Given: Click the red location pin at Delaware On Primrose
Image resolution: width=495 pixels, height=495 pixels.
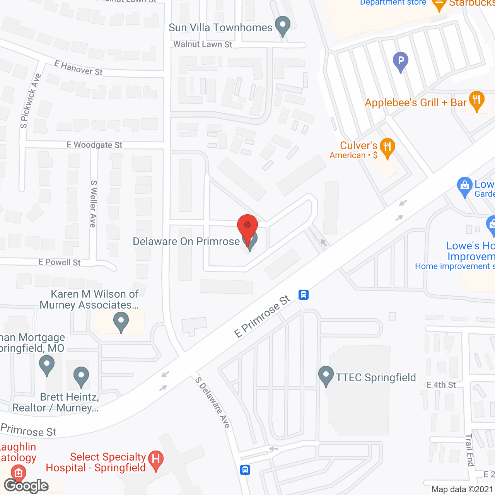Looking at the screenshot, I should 247,226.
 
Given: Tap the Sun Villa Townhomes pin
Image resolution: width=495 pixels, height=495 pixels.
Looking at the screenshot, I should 283,26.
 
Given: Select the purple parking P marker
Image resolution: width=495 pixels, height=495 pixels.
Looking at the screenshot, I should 401,61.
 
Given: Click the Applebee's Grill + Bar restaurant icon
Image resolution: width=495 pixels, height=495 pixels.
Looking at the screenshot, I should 476,101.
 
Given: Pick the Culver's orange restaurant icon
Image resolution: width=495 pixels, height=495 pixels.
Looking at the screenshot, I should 387,147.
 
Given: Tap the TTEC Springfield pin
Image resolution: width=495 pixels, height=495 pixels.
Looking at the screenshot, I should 326,376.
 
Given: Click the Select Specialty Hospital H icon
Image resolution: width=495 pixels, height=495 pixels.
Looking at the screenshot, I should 156,460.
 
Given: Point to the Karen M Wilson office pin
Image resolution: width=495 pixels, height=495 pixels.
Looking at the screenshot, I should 121,321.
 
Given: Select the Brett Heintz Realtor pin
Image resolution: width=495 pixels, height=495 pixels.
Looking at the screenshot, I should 81,376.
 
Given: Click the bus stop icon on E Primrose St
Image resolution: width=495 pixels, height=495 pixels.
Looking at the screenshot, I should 304,295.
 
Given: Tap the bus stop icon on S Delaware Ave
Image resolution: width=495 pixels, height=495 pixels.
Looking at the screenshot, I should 245,470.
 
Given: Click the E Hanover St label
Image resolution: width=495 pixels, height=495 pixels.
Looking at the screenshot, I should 79,68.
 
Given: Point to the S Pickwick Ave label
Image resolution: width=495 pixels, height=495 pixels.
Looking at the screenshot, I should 31,101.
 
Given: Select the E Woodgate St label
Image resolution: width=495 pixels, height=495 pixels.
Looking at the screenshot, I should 94,145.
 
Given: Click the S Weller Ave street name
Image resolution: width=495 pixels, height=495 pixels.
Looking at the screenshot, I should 93,203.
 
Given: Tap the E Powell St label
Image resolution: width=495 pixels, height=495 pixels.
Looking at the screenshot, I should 60,262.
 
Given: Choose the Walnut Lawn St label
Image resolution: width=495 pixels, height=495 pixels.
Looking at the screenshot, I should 203,44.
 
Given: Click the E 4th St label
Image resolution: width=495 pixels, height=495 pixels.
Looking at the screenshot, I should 441,385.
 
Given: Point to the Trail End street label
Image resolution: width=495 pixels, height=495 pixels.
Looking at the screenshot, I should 469,450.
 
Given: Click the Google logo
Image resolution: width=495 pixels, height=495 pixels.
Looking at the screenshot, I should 26,486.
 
